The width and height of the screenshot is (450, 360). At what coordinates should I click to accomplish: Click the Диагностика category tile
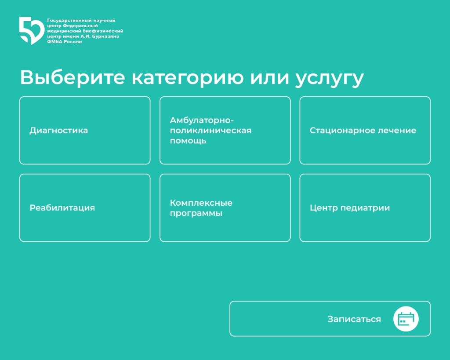[x=85, y=131]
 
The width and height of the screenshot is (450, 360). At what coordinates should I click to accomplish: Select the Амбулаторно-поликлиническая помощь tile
[x=225, y=131]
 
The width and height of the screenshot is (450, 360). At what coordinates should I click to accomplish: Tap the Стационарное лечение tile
[x=365, y=131]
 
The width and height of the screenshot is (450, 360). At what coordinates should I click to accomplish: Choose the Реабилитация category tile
[x=85, y=208]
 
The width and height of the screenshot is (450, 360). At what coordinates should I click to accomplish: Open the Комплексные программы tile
[x=225, y=208]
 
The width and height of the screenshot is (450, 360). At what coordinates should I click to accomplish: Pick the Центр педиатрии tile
[x=365, y=208]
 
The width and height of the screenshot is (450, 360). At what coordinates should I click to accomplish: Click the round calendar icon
[x=406, y=319]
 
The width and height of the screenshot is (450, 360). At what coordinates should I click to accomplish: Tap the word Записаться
[x=354, y=319]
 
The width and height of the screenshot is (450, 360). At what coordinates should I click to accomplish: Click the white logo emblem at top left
[x=31, y=30]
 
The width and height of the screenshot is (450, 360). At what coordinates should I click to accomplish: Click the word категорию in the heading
[x=188, y=78]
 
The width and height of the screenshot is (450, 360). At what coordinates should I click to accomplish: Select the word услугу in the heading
[x=330, y=78]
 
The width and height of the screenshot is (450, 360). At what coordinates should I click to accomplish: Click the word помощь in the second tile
[x=188, y=141]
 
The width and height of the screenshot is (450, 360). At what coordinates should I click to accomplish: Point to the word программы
[x=196, y=214]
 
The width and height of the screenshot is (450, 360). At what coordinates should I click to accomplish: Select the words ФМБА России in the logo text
[x=64, y=41]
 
